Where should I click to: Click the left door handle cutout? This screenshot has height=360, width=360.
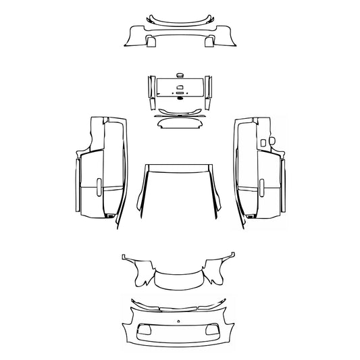point(101,188)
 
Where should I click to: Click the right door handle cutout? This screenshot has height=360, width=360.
point(259,188)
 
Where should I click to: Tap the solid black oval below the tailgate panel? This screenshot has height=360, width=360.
point(180,101)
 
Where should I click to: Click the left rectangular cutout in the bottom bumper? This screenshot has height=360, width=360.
point(145,330)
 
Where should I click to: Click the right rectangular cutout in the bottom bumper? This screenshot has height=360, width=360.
point(214,330)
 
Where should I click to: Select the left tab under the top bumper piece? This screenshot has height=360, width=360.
point(150,41)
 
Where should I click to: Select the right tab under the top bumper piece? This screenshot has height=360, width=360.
point(209,41)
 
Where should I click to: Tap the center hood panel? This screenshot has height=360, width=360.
point(179,196)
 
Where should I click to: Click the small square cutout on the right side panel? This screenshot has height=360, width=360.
point(261,143)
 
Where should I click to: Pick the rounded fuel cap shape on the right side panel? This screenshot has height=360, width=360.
point(272,141)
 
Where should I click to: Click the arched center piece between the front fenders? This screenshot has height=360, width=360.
point(179,280)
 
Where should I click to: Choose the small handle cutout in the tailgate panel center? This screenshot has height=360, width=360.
point(180,87)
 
